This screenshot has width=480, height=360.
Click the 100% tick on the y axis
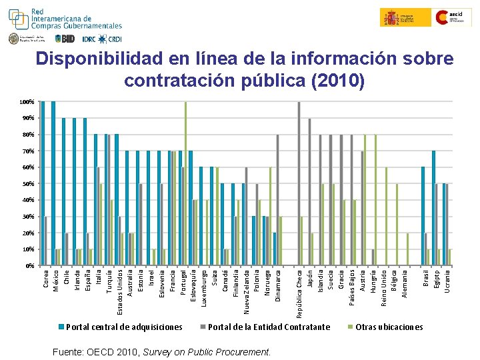click(27, 102)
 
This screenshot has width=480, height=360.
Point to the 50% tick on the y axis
click(27, 184)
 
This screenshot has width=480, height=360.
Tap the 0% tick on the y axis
click(29, 266)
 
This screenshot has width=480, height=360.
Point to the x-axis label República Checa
click(299, 289)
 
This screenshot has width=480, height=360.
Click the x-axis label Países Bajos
click(352, 286)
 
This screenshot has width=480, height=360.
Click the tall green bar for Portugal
click(185, 183)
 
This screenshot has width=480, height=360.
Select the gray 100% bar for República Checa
click(299, 183)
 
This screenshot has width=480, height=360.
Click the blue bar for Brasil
click(423, 216)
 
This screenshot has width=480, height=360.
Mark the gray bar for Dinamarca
click(278, 200)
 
